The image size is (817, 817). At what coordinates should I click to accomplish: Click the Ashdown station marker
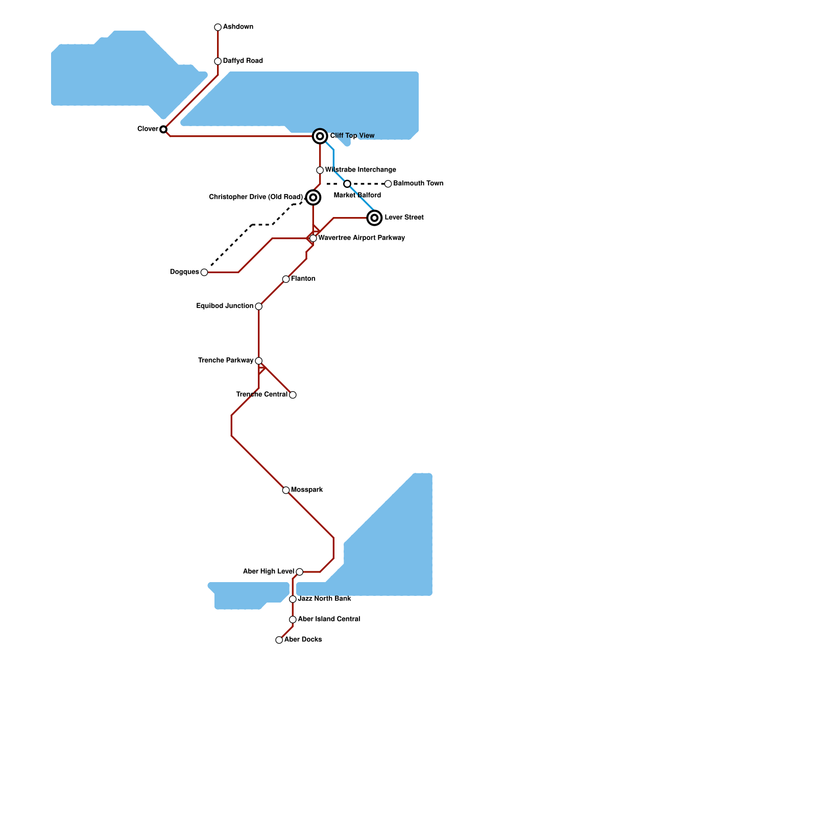click(218, 27)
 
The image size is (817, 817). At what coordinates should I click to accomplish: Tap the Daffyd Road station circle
click(218, 61)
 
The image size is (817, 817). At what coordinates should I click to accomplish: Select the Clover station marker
click(163, 129)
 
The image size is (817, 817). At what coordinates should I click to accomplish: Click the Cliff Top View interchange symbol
click(320, 136)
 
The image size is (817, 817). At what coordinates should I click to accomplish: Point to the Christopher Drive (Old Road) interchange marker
click(314, 197)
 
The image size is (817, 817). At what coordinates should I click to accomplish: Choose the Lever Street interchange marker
click(375, 218)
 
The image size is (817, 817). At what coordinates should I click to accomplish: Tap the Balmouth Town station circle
click(388, 184)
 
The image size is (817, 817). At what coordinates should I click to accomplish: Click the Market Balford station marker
click(347, 184)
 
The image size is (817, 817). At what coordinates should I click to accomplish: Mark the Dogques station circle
click(204, 272)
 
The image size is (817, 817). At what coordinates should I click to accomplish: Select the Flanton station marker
click(286, 279)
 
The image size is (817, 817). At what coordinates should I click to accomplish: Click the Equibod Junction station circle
click(259, 306)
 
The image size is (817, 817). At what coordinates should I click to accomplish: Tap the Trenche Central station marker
click(293, 395)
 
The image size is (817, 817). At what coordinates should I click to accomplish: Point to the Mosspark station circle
click(286, 490)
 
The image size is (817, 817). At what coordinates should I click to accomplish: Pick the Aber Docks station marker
click(279, 640)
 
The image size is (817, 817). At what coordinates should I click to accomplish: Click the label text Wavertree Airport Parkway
click(362, 238)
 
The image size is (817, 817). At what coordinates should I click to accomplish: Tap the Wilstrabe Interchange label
click(361, 170)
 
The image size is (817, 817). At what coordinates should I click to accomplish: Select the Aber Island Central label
click(329, 619)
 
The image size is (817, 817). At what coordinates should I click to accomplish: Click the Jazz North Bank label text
click(324, 598)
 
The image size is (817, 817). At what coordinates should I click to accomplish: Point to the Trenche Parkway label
click(226, 361)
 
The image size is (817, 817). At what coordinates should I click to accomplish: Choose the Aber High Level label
click(269, 571)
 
